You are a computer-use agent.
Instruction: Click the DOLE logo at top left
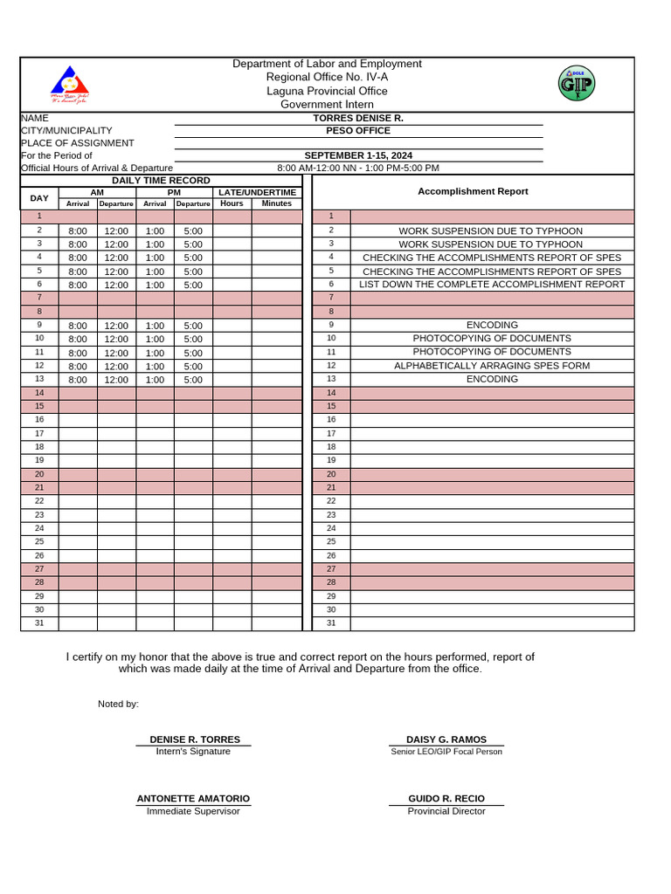(x=69, y=85)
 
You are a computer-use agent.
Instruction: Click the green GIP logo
(x=576, y=84)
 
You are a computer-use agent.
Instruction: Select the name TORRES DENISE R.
(x=358, y=118)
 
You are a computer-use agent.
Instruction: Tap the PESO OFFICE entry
(x=358, y=131)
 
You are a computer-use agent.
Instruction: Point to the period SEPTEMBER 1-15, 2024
(x=358, y=155)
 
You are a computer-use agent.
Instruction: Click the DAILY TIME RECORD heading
(x=161, y=180)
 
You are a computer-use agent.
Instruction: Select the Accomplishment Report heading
(x=473, y=191)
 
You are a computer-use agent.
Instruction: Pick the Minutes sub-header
(x=276, y=203)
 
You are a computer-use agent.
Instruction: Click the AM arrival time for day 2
(x=78, y=231)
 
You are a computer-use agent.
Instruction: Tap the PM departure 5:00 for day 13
(x=193, y=380)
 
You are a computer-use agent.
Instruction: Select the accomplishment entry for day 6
(x=492, y=285)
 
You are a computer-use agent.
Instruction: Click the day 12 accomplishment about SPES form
(x=492, y=366)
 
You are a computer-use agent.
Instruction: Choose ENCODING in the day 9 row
(x=492, y=325)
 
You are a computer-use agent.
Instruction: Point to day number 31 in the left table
(x=39, y=623)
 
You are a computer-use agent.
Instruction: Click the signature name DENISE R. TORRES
(x=195, y=739)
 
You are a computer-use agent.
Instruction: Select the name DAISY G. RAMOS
(x=446, y=739)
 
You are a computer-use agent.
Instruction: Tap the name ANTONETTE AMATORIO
(x=193, y=799)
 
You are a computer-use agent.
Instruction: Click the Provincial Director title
(x=446, y=811)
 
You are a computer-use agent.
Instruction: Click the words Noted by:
(x=118, y=704)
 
